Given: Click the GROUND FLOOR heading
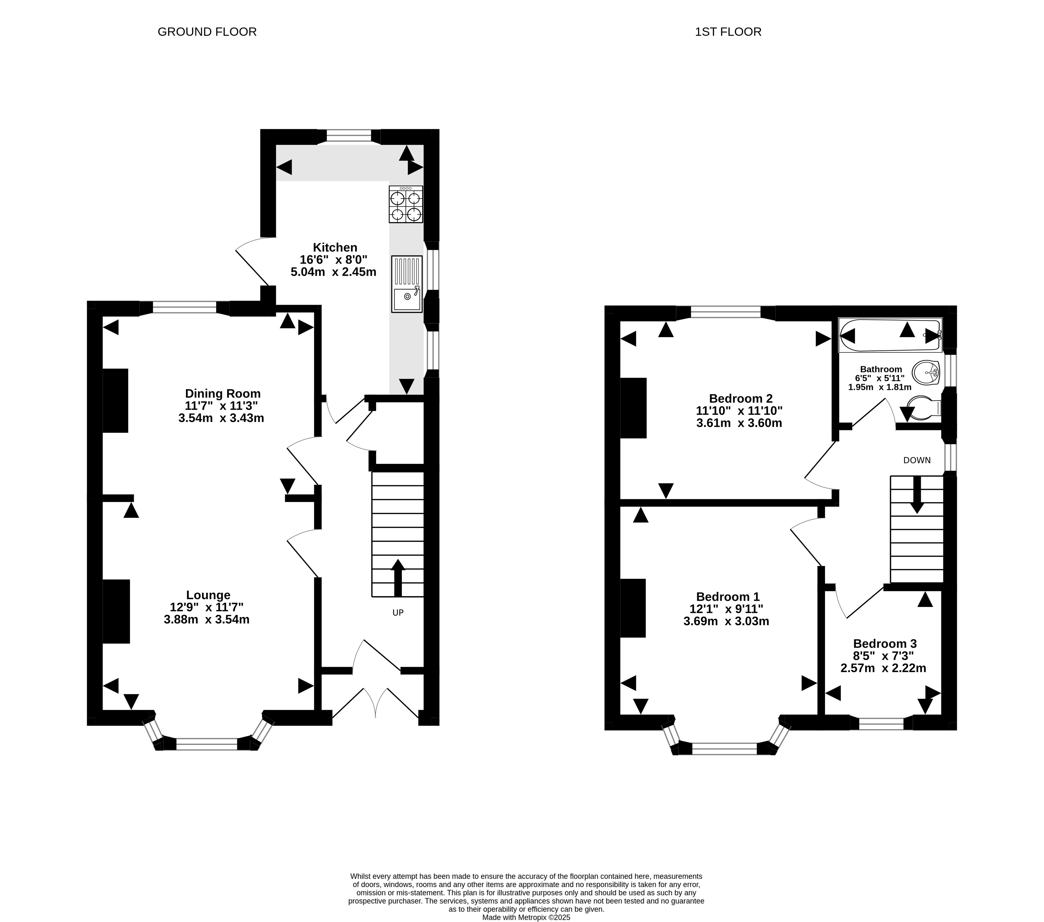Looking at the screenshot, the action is click(x=207, y=32).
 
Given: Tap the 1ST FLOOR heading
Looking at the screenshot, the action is click(x=728, y=32).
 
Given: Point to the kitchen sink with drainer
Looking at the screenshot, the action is click(x=407, y=284).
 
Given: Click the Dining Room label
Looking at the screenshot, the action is click(x=223, y=394).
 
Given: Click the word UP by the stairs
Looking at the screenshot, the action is click(x=398, y=612).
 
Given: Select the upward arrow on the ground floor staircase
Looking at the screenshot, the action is click(x=398, y=578).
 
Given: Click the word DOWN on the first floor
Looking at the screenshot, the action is click(x=917, y=460).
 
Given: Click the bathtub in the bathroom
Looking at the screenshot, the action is click(x=890, y=335).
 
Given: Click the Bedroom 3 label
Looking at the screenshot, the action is click(x=885, y=643).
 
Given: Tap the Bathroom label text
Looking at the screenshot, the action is click(x=881, y=369).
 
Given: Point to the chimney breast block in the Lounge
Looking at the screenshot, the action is click(x=116, y=611).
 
